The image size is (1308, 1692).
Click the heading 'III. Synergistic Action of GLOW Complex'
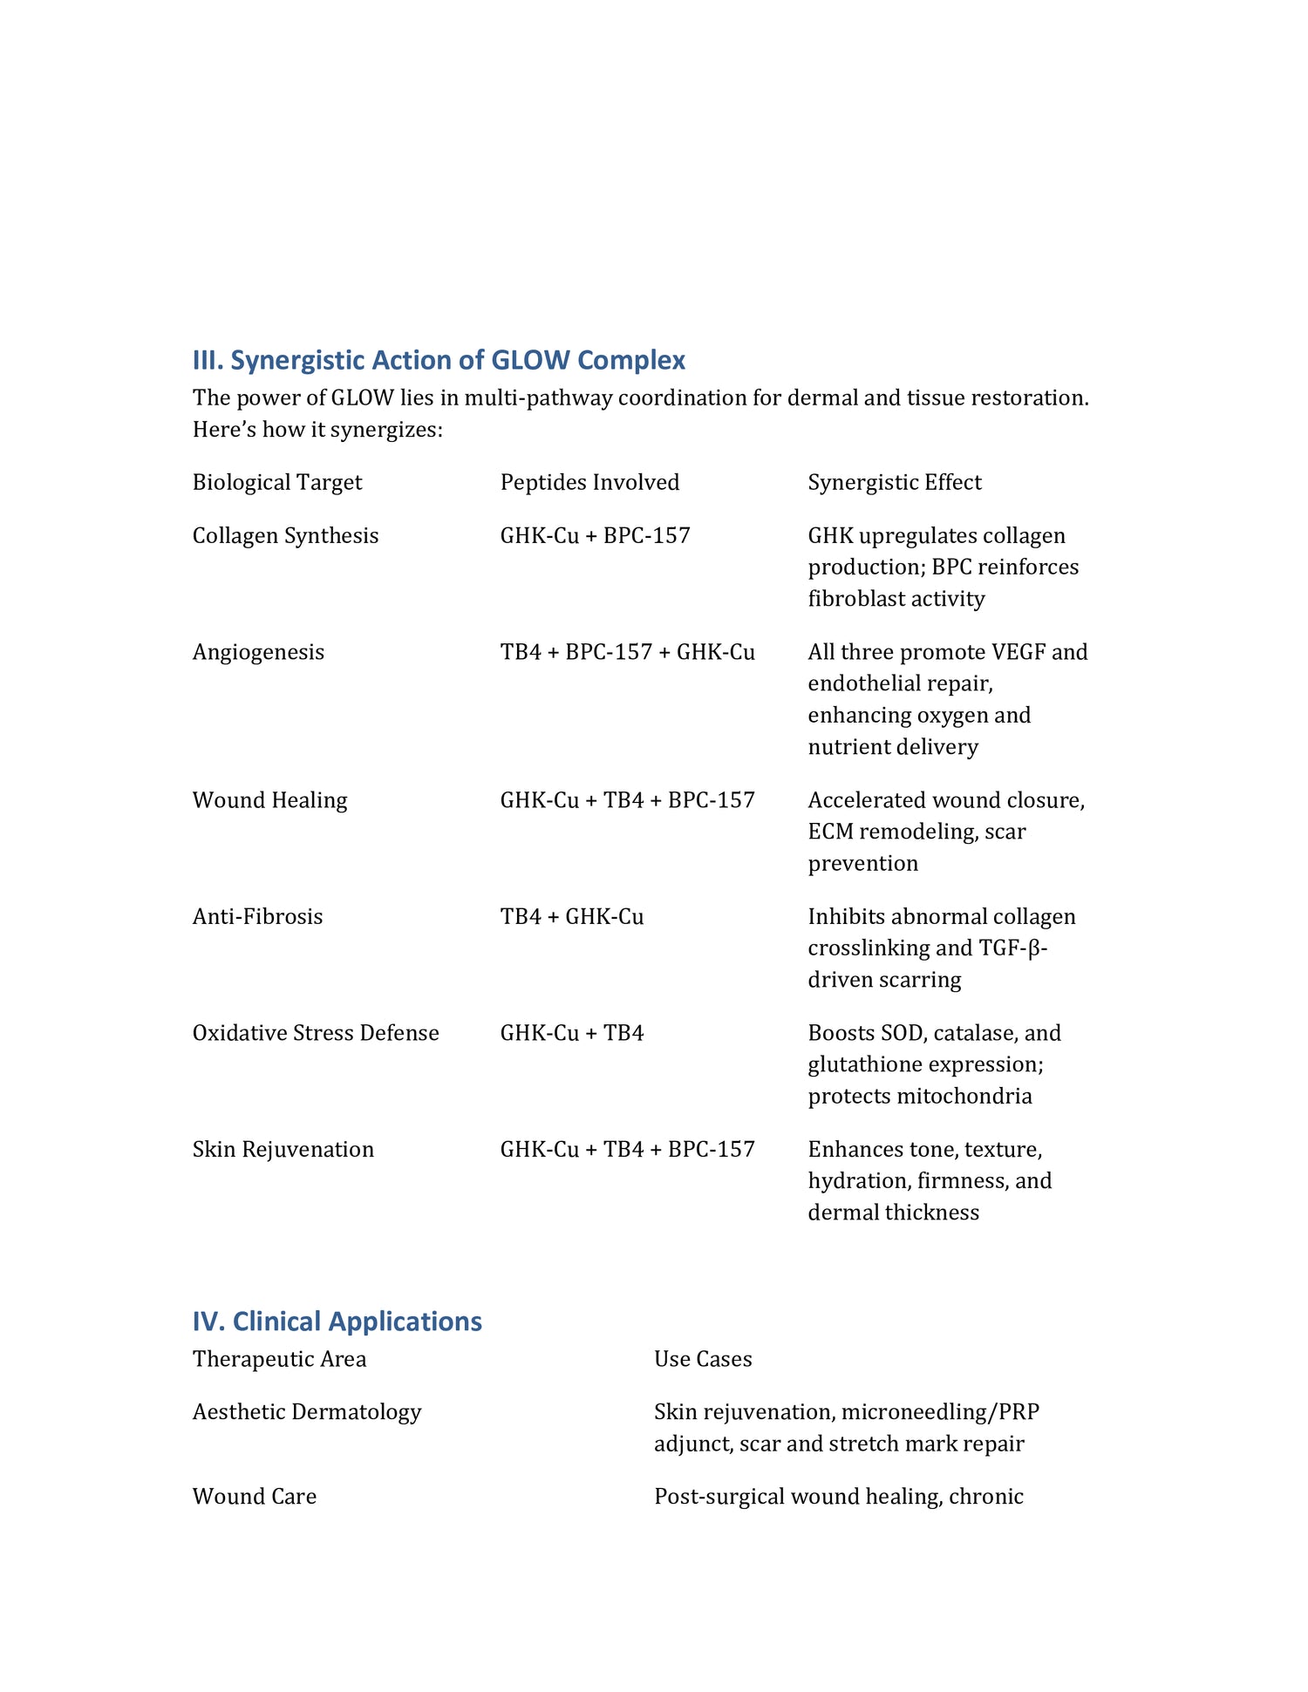point(439,360)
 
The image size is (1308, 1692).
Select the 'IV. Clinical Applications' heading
point(337,1322)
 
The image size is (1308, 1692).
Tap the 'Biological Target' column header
point(277,482)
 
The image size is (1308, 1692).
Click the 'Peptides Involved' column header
point(589,482)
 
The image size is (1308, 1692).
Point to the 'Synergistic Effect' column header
point(895,482)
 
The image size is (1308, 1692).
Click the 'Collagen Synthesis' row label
point(285,535)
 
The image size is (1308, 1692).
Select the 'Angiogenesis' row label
point(258,652)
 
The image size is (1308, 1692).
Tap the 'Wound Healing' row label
point(269,800)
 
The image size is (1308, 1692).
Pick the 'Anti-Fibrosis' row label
point(257,916)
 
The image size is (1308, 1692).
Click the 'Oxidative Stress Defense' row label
point(316,1033)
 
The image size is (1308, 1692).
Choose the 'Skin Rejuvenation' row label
point(283,1149)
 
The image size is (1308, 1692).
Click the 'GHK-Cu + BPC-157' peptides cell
point(595,535)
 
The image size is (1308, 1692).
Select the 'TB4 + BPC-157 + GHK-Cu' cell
point(627,652)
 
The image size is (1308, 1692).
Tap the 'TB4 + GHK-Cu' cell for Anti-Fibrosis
point(572,916)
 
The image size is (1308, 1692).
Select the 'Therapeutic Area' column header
point(279,1359)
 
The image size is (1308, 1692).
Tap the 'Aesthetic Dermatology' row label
point(307,1411)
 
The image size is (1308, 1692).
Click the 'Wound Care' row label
point(255,1496)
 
